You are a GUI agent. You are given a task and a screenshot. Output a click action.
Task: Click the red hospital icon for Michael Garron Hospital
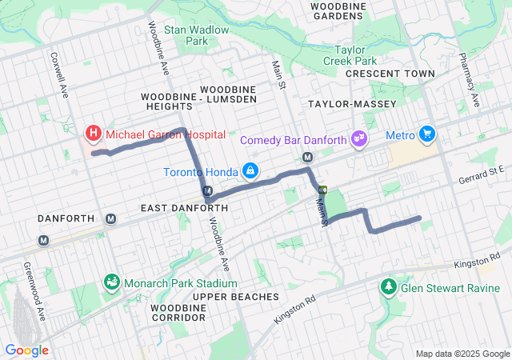94,133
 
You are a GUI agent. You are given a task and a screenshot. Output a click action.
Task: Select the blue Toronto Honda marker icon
251,171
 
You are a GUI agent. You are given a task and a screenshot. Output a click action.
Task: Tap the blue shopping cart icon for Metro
428,134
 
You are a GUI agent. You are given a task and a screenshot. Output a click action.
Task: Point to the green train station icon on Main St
323,190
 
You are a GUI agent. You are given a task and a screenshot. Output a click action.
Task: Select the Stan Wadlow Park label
196,35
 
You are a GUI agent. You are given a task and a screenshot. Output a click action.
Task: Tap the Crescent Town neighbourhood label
390,74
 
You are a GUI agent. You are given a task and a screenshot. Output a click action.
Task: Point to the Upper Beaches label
235,297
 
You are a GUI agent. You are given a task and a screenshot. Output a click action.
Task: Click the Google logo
26,350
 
